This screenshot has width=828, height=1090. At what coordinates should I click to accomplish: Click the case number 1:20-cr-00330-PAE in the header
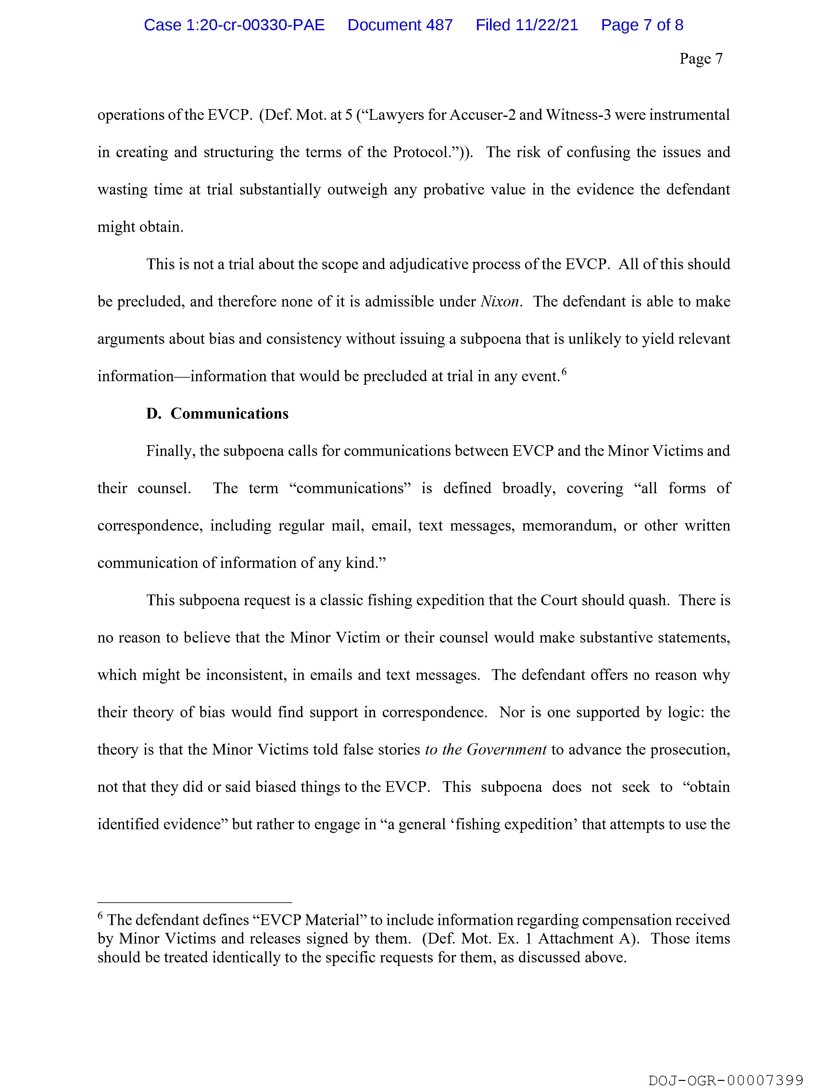click(234, 25)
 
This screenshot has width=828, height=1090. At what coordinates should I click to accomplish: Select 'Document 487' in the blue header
click(400, 25)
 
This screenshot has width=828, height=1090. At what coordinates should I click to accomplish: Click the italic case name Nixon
click(500, 302)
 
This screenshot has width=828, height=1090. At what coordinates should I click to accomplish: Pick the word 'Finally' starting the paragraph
click(170, 451)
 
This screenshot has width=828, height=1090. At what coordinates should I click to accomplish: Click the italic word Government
click(506, 750)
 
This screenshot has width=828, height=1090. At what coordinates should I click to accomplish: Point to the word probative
click(453, 190)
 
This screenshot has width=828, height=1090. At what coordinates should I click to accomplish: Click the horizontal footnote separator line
click(195, 902)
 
